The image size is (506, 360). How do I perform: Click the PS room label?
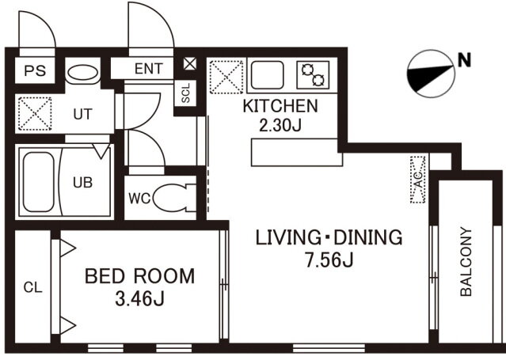pyautogui.click(x=35, y=70)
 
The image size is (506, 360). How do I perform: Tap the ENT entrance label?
pyautogui.click(x=148, y=69)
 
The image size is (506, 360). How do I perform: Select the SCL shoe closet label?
pyautogui.click(x=185, y=93)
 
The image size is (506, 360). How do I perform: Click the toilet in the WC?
pyautogui.click(x=174, y=198)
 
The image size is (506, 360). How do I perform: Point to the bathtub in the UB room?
pyautogui.click(x=38, y=182)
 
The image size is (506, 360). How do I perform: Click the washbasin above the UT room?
pyautogui.click(x=83, y=72)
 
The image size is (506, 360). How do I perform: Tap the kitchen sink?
pyautogui.click(x=267, y=75)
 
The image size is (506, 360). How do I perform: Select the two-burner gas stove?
pyautogui.click(x=313, y=75)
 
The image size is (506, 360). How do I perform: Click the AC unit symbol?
pyautogui.click(x=418, y=180)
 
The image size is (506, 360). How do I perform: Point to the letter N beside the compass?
pyautogui.click(x=464, y=60)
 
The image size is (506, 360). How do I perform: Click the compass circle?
pyautogui.click(x=431, y=74)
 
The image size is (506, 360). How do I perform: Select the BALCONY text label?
pyautogui.click(x=466, y=262)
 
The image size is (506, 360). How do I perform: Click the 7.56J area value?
pyautogui.click(x=329, y=260)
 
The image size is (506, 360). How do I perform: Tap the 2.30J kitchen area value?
pyautogui.click(x=280, y=125)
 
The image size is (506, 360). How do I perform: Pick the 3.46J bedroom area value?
pyautogui.click(x=139, y=298)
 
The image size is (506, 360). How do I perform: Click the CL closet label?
pyautogui.click(x=33, y=287)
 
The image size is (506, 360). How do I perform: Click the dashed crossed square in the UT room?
pyautogui.click(x=35, y=114)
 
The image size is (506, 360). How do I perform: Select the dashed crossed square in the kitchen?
pyautogui.click(x=226, y=77)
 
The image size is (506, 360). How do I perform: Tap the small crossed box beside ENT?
pyautogui.click(x=190, y=63)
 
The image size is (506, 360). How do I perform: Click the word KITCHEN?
pyautogui.click(x=280, y=107)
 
